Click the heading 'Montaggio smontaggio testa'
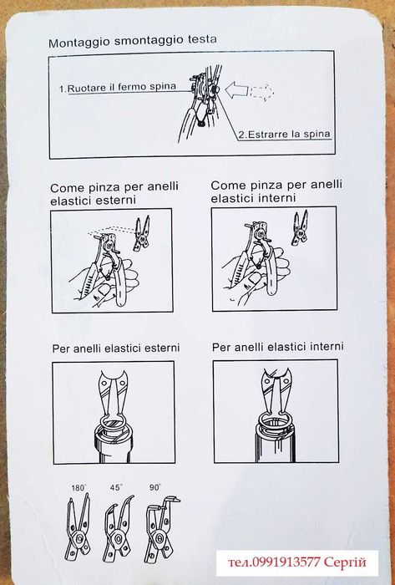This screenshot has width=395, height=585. [133, 41]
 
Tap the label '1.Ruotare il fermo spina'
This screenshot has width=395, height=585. [118, 88]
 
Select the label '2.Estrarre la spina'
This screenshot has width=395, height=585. [284, 135]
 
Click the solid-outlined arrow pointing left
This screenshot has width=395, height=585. [237, 90]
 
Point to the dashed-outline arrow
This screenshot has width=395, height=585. [263, 91]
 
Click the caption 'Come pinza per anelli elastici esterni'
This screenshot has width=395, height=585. [114, 193]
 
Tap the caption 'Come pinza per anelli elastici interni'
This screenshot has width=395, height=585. [276, 191]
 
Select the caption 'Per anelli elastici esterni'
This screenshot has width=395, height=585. [116, 348]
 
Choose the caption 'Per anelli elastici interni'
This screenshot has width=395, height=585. [277, 347]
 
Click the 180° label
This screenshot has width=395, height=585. [78, 487]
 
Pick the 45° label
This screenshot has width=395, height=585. [116, 487]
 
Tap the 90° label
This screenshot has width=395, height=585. [155, 487]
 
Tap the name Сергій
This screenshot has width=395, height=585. [345, 562]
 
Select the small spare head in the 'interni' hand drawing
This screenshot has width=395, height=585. [300, 227]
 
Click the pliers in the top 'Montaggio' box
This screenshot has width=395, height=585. [201, 103]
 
